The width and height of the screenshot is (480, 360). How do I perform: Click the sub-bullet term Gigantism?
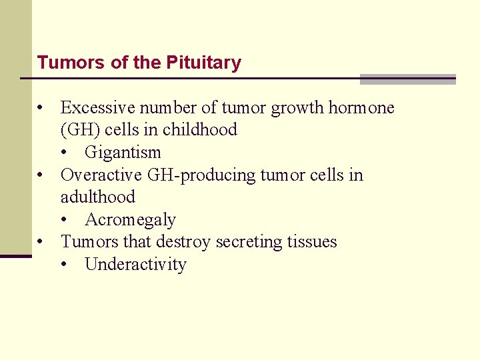[123, 152]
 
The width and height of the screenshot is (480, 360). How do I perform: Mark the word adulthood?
[97, 197]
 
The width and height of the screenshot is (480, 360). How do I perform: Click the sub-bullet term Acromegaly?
[130, 219]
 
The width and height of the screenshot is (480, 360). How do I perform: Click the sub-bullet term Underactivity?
[135, 264]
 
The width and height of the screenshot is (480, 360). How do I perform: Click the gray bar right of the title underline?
[407, 79]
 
